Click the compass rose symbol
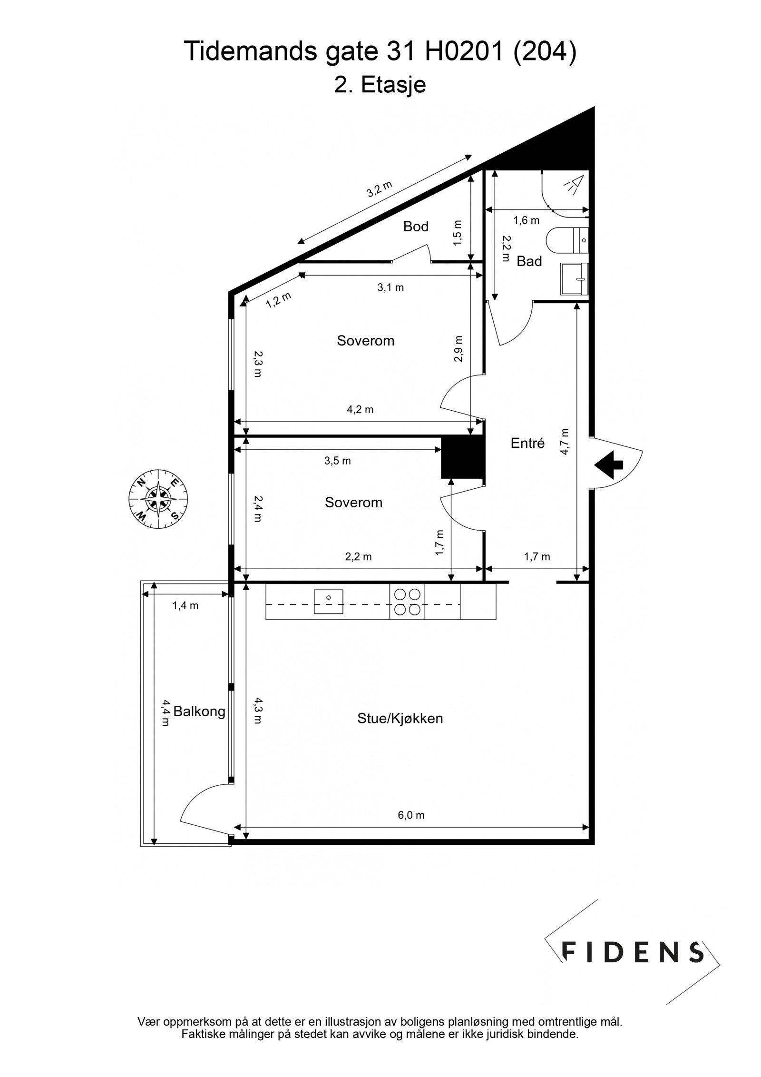tap(158, 499)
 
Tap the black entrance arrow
tap(609, 464)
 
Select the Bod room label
tap(416, 227)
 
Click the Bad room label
tap(529, 261)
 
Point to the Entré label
tap(527, 443)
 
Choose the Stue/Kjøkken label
tap(400, 718)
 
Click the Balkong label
tap(199, 711)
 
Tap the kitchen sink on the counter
tap(328, 602)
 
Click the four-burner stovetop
tap(408, 602)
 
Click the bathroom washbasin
tap(575, 279)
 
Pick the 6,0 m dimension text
tap(411, 815)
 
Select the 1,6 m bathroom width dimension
tap(527, 220)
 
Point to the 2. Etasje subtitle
tap(380, 85)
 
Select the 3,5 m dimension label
tap(337, 461)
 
